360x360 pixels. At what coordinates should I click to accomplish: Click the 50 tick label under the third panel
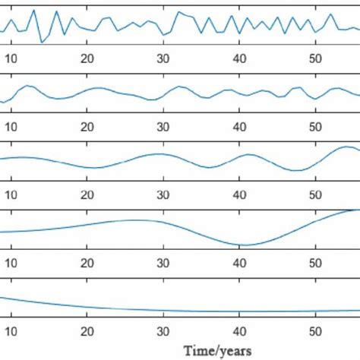314,194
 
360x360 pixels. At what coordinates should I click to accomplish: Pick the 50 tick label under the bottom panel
314,331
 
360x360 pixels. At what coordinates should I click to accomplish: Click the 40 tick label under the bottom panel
239,331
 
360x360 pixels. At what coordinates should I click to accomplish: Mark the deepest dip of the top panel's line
42,42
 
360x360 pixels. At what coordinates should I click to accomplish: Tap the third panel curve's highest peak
343,147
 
